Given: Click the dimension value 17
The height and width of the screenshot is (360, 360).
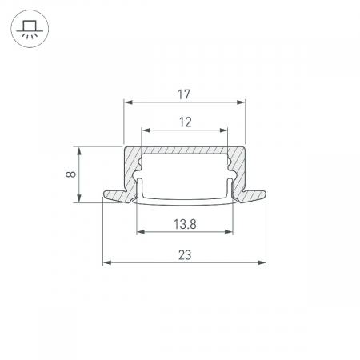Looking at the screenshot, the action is [184, 94].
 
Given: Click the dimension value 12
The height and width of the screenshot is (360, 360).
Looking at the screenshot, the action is [185, 122].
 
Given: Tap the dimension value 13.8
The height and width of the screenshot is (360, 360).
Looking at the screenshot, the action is [185, 224].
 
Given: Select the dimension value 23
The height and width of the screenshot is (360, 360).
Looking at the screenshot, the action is [185, 255].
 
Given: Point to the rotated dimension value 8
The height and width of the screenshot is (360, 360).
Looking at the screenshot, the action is [70, 174].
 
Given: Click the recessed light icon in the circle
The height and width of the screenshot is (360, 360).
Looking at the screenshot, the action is [30, 29].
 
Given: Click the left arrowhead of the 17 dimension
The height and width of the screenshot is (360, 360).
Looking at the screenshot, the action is [129, 102].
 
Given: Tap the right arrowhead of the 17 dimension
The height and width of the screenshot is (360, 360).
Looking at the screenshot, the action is [241, 102].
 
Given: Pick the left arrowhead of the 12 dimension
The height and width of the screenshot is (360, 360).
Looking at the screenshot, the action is [146, 130].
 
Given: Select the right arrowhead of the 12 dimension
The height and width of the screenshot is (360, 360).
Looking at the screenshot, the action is [223, 130].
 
